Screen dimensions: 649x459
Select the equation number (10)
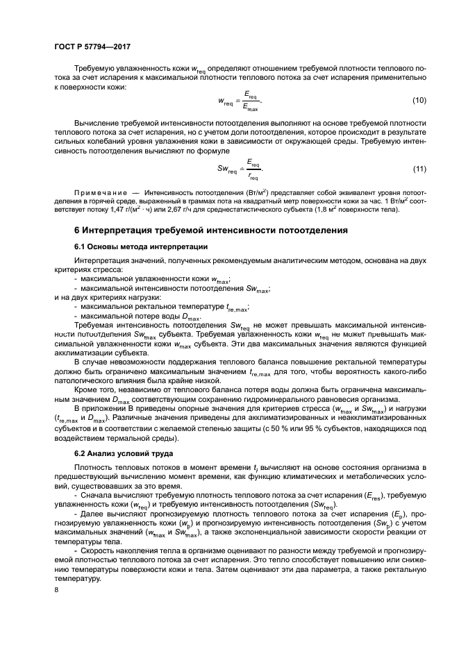click(419, 101)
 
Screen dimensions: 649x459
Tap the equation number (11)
click(419, 169)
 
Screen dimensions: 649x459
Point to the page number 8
click(56, 589)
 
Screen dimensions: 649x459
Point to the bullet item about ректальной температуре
click(164, 305)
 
